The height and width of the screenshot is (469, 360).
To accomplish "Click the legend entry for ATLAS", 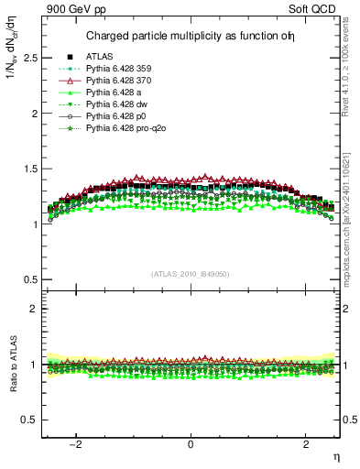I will pos(98,57).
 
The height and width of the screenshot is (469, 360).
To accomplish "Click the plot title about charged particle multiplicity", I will pos(190,37).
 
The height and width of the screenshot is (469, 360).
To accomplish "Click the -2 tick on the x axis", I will pos(78,443).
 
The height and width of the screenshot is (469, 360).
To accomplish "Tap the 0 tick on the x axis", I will pos(191,443).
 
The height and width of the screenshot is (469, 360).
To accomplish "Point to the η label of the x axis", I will pos(335,455).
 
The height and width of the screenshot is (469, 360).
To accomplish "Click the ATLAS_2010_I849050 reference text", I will pos(191,273).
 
